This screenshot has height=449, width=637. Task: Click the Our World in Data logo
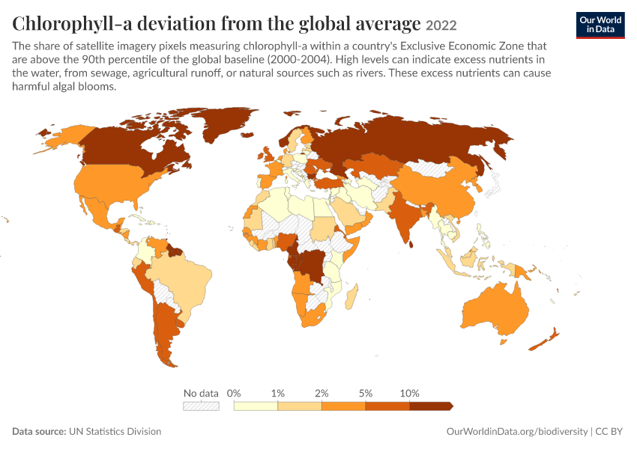pyautogui.click(x=600, y=25)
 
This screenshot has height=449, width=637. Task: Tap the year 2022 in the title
pyautogui.click(x=441, y=25)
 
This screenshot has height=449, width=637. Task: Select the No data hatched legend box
pyautogui.click(x=201, y=406)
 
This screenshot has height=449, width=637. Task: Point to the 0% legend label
pyautogui.click(x=234, y=393)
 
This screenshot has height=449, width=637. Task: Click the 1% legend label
pyautogui.click(x=278, y=393)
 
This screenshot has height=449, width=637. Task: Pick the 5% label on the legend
pyautogui.click(x=366, y=393)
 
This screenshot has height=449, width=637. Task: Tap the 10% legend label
pyautogui.click(x=409, y=393)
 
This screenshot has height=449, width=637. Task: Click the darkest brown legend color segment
pyautogui.click(x=431, y=406)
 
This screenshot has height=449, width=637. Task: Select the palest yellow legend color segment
pyautogui.click(x=256, y=406)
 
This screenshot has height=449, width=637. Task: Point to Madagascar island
pyautogui.click(x=351, y=297)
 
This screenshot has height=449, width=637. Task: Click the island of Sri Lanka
pyautogui.click(x=411, y=244)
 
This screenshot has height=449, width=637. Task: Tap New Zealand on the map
pyautogui.click(x=544, y=340)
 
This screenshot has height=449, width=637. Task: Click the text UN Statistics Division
pyautogui.click(x=115, y=431)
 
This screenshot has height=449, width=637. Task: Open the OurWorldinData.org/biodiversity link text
pyautogui.click(x=517, y=432)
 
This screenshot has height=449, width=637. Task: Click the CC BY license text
pyautogui.click(x=609, y=431)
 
